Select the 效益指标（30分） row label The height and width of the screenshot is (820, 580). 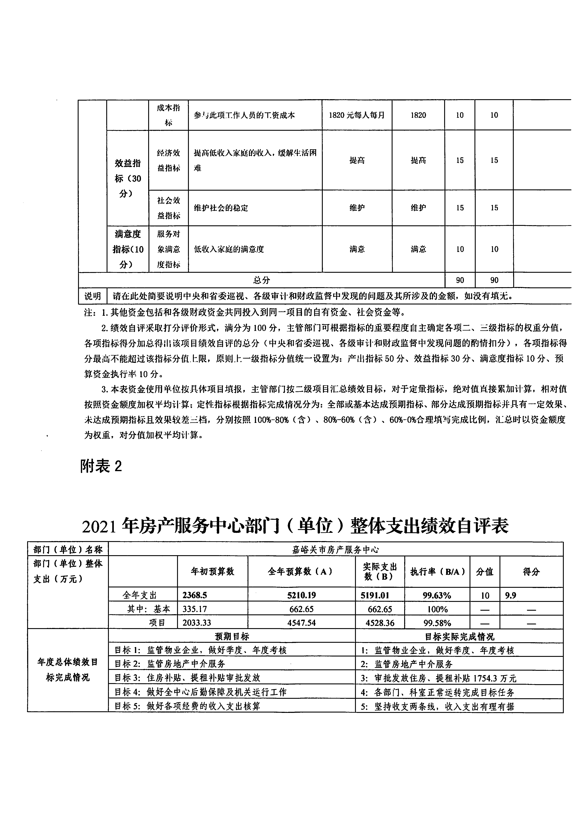point(128,178)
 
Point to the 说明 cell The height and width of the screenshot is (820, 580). point(92,296)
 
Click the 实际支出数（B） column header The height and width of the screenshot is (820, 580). point(380,571)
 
